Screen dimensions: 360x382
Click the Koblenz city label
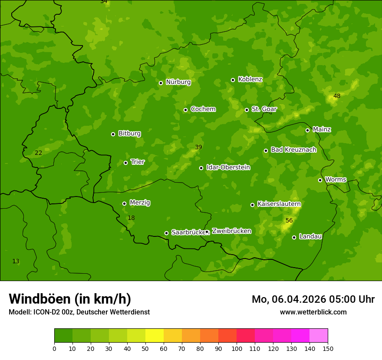[250, 79]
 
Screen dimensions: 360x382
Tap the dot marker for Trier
[126, 163]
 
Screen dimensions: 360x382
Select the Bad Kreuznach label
[293, 150]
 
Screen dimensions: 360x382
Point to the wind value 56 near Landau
[289, 221]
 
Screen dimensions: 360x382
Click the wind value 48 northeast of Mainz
[337, 96]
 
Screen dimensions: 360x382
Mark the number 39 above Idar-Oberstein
[198, 147]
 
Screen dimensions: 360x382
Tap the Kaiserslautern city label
[279, 204]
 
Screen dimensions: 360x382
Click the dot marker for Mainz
[307, 130]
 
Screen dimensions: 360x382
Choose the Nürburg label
[178, 82]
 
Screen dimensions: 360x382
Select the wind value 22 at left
[39, 153]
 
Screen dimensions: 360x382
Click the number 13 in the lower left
[16, 261]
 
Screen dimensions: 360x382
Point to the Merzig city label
[140, 203]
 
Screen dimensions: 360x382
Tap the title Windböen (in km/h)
[70, 299]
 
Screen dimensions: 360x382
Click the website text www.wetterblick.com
[313, 312]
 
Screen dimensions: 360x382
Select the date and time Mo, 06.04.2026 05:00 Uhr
[313, 299]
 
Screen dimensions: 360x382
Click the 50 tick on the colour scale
[145, 348]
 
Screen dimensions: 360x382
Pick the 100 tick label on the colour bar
[237, 348]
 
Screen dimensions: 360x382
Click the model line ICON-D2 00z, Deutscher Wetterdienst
[79, 312]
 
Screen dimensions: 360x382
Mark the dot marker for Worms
[320, 180]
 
